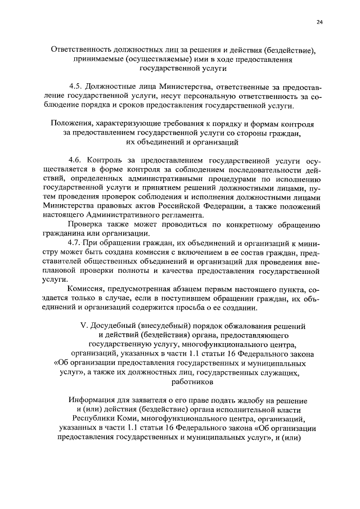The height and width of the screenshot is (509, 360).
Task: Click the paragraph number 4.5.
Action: coord(75,87)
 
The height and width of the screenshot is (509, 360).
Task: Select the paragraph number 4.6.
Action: coord(75,161)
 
